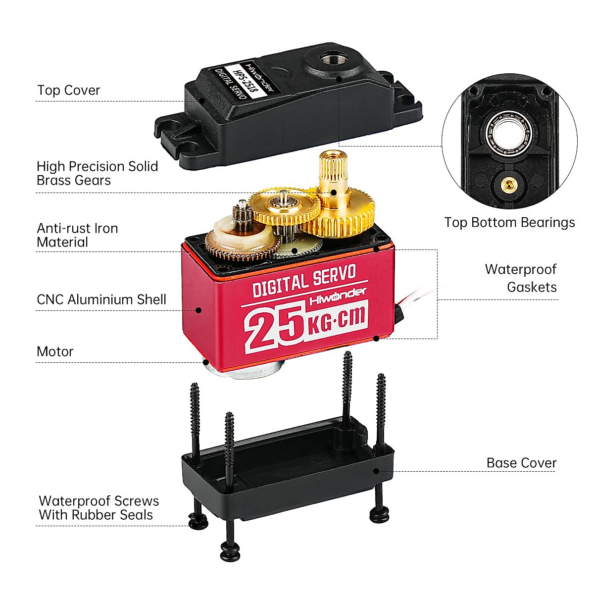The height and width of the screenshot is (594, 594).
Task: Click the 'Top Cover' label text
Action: [68, 91]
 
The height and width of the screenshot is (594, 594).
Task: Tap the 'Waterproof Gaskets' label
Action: [521, 278]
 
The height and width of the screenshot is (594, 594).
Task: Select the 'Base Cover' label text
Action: [521, 463]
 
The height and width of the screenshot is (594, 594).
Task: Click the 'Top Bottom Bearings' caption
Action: [509, 223]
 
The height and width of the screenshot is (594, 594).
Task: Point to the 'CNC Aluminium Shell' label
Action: [101, 299]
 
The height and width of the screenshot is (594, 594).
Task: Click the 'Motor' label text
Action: [55, 352]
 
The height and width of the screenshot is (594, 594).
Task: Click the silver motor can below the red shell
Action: [243, 369]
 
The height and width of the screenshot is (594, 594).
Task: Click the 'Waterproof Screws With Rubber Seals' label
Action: [98, 508]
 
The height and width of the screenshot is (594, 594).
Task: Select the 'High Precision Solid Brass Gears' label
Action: [97, 173]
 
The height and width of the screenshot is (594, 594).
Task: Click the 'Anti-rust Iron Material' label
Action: [77, 236]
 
